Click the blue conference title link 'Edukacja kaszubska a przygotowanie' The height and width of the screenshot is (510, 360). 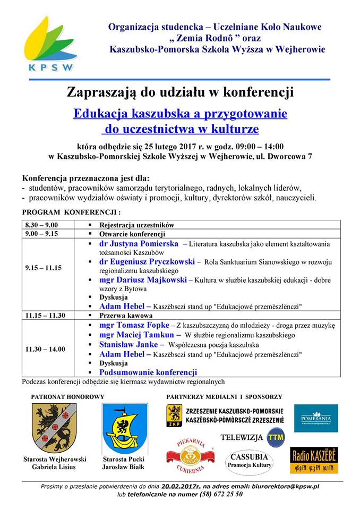click(180, 114)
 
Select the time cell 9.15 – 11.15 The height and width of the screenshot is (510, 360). click(43, 268)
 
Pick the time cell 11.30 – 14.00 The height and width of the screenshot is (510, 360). click(45, 349)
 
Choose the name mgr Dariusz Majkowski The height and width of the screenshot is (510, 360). click(143, 280)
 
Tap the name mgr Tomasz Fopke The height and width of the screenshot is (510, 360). click(134, 325)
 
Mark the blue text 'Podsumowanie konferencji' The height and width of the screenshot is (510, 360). click(148, 372)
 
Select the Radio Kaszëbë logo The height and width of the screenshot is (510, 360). click(313, 460)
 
